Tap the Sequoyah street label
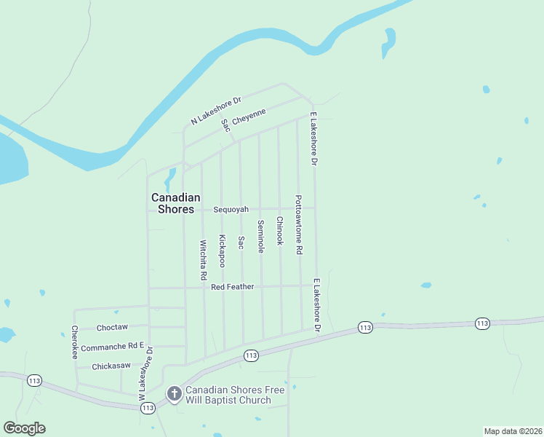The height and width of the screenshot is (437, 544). coord(231,210)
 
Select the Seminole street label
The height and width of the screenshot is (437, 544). coord(260,237)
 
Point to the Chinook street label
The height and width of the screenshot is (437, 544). coord(279,230)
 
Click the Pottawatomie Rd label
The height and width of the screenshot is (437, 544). coord(298,224)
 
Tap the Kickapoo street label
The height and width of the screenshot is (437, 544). coord(222,251)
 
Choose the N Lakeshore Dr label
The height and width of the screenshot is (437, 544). coord(215,111)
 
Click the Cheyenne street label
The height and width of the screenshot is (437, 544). coord(249,117)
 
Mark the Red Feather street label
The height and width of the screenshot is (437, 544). coord(233,287)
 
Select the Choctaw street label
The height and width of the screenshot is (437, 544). coord(112,328)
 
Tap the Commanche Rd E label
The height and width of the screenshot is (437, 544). coord(112,348)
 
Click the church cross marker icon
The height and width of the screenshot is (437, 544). coord(174,394)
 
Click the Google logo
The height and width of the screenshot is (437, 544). coord(24,428)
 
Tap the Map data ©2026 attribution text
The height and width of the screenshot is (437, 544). coord(513,431)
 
